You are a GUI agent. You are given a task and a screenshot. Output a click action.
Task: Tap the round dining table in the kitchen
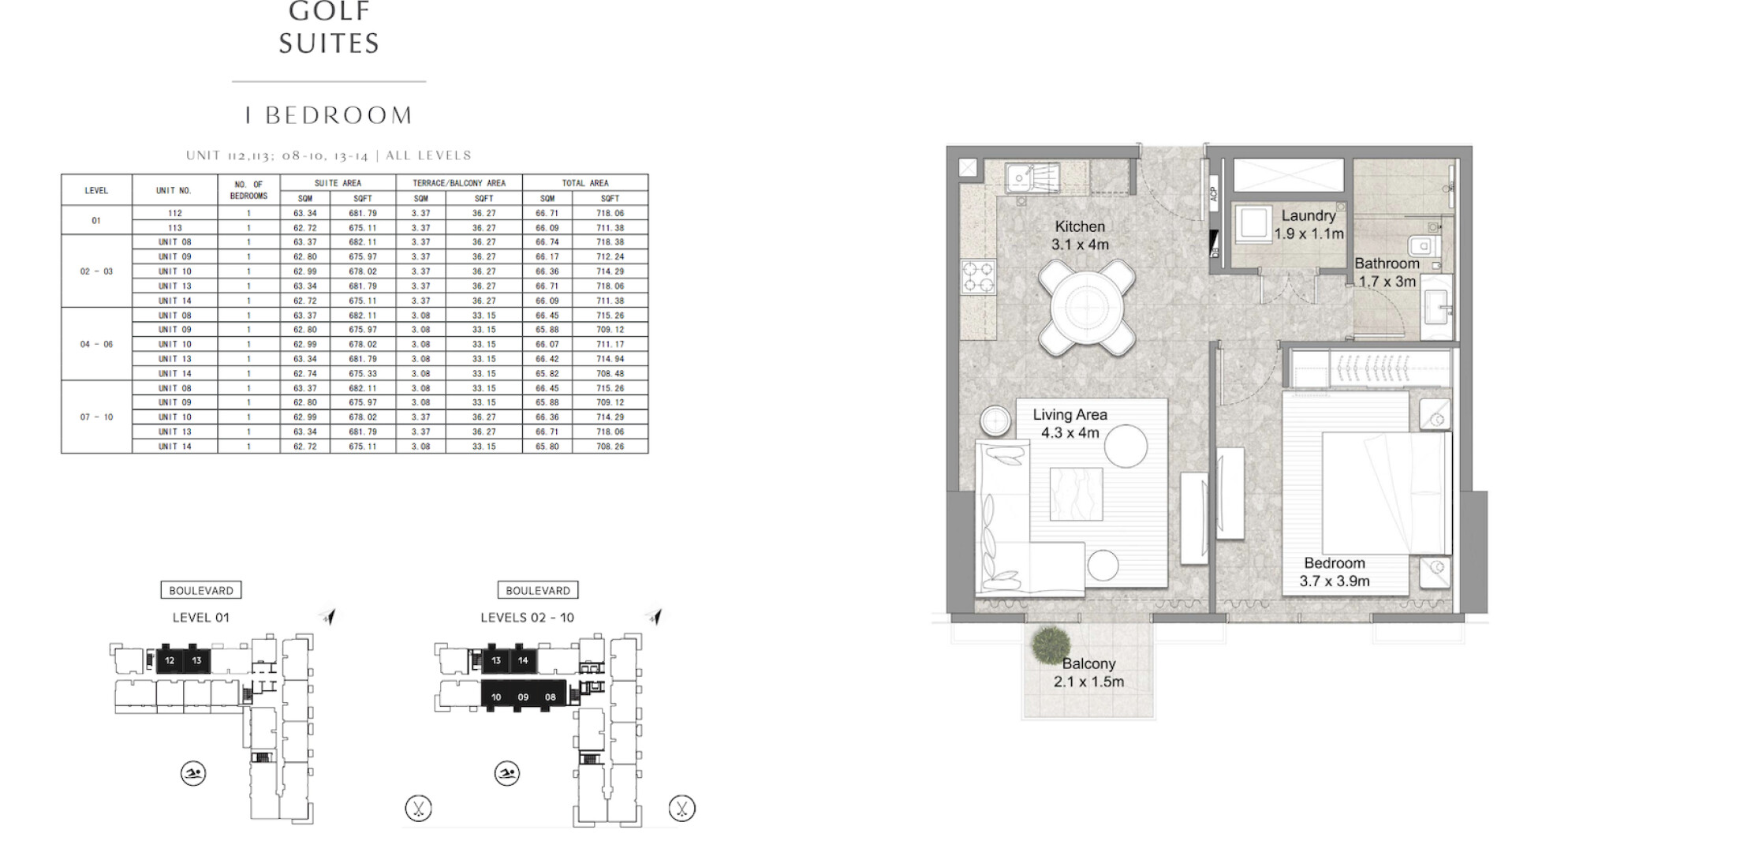1087,308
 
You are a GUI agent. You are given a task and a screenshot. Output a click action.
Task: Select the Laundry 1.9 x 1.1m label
1309,224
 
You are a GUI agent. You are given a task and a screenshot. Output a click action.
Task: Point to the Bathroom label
1387,263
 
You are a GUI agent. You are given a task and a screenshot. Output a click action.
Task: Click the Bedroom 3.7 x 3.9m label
1335,572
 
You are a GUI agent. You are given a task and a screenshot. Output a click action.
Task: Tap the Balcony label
1088,663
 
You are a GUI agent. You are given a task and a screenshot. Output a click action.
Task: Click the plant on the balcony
1050,646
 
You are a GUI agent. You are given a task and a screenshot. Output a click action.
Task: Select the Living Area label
1070,414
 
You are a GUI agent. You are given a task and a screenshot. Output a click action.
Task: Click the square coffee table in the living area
1076,494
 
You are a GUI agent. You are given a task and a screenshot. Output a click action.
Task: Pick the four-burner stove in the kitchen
978,277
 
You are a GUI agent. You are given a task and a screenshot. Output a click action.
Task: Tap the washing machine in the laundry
1253,224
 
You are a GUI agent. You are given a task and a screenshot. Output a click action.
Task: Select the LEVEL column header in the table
96,190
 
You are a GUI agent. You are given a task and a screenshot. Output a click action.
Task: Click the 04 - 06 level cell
96,344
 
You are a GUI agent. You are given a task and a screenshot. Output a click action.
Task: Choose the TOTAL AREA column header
585,183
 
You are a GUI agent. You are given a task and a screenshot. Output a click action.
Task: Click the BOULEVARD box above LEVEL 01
201,590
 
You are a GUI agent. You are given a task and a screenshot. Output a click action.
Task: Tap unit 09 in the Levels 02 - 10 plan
523,697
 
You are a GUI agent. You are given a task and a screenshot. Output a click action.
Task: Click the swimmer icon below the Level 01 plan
193,773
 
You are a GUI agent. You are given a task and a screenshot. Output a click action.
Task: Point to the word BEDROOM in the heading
339,115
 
